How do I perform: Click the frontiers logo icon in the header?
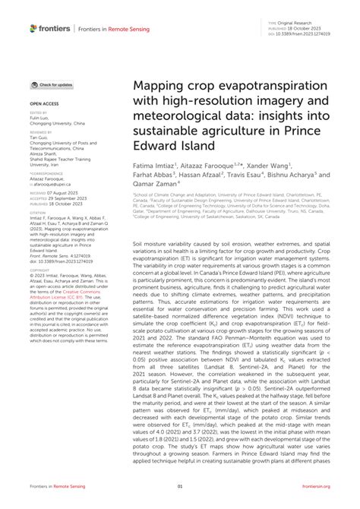pyautogui.click(x=33, y=28)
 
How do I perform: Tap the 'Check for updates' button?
pyautogui.click(x=52, y=85)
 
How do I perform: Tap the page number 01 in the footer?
pyautogui.click(x=180, y=485)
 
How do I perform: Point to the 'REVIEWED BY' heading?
pyautogui.click(x=40, y=131)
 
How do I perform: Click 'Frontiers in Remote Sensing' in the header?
pyautogui.click(x=105, y=29)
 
